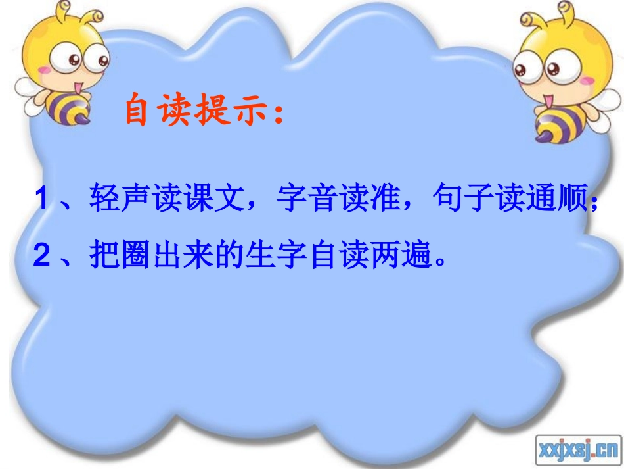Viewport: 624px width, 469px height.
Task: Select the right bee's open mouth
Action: click(x=546, y=99)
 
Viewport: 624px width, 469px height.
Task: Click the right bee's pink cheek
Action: click(x=587, y=81)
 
